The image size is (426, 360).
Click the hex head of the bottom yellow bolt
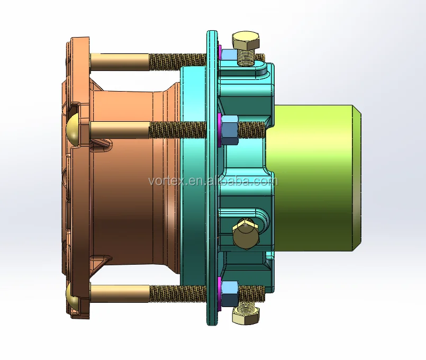click(246, 317)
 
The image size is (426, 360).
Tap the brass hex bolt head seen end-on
click(244, 233)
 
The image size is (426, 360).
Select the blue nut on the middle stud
click(229, 130)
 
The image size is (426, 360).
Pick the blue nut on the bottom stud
click(229, 293)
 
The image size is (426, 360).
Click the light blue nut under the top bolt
click(229, 54)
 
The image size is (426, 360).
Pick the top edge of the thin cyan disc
click(212, 33)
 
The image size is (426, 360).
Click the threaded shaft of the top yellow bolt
click(247, 55)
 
